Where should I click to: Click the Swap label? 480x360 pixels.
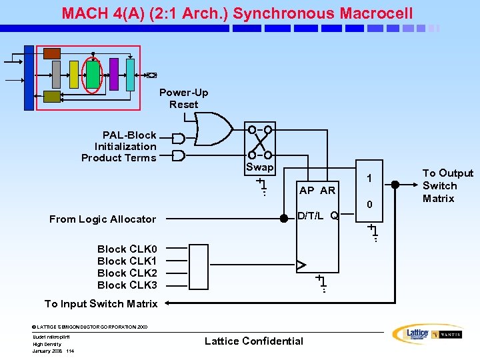[x=259, y=167]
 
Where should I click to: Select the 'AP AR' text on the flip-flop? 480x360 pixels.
[x=317, y=191]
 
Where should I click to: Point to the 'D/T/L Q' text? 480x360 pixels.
[x=317, y=215]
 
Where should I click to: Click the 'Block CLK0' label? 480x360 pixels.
[x=127, y=249]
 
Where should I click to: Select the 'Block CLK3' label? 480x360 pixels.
[x=127, y=285]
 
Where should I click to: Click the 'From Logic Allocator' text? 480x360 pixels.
[x=103, y=219]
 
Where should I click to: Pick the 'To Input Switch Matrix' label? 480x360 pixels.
[x=101, y=304]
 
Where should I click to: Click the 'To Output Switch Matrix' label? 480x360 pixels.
[x=448, y=186]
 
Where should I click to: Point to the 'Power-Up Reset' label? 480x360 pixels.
[x=183, y=99]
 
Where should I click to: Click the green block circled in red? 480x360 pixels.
[x=93, y=75]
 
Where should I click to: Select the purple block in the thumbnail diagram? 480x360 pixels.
[x=114, y=74]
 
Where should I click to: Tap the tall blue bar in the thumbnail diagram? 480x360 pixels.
[x=29, y=77]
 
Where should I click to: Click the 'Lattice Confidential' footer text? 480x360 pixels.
[x=253, y=341]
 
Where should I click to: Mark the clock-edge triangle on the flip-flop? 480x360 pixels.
[x=301, y=265]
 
